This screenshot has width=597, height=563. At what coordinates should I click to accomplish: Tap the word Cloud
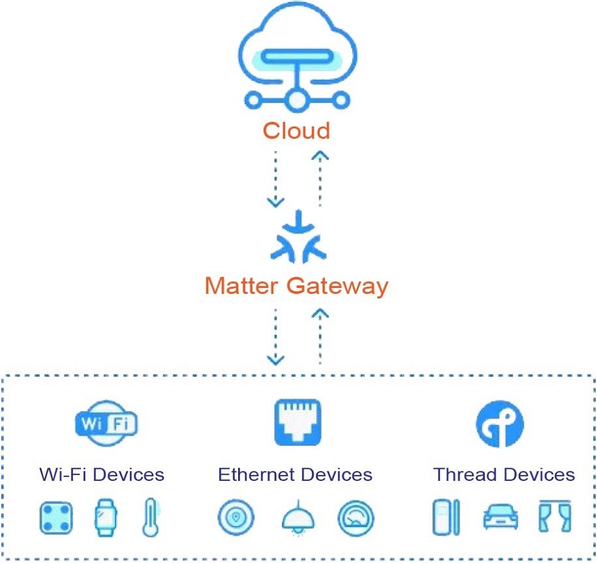tap(296, 130)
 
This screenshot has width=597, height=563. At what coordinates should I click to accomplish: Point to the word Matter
tap(243, 286)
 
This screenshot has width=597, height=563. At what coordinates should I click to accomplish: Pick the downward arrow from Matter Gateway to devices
tap(275, 336)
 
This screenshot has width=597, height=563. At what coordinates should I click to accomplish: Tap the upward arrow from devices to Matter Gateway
tap(320, 336)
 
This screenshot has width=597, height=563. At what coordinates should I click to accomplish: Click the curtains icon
tap(556, 517)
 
